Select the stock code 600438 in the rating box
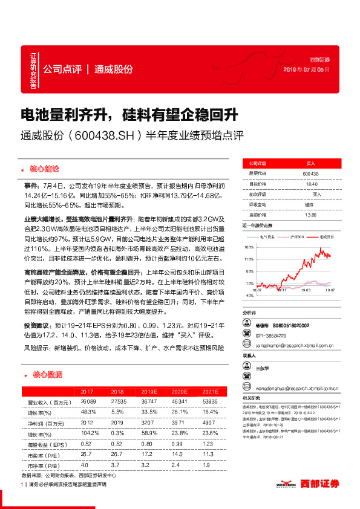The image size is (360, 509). pyautogui.click(x=310, y=173)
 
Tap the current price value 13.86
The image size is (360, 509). pyautogui.click(x=310, y=214)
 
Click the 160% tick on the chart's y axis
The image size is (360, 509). pyautogui.click(x=248, y=247)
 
